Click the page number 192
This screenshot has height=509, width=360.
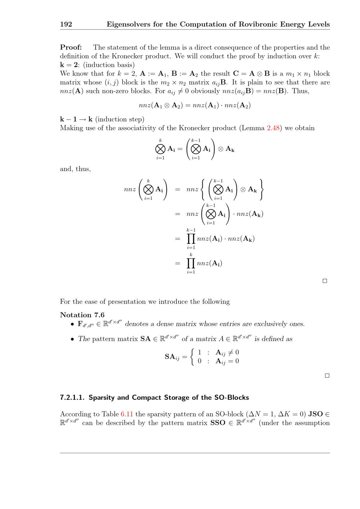pos(66,24)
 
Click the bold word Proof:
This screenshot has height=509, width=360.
pos(71,47)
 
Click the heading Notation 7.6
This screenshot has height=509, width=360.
pos(82,315)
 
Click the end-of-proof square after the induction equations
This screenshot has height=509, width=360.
pos(325,281)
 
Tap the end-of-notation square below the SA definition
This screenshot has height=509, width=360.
pos(327,375)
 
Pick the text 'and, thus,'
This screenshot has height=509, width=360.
pos(75,169)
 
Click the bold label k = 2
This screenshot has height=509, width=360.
pos(69,65)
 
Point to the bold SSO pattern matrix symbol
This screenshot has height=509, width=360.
pos(218,423)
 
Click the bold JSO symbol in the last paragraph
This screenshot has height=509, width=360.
pos(315,414)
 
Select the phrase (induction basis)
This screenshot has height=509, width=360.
pos(109,65)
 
